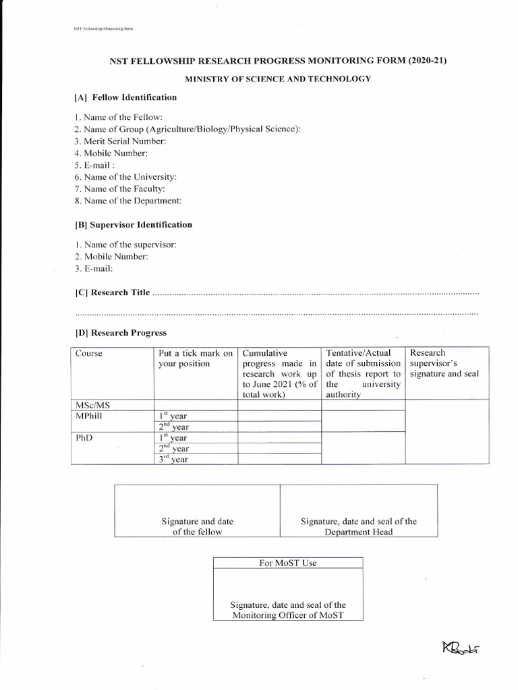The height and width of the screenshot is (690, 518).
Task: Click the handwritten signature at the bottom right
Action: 461,649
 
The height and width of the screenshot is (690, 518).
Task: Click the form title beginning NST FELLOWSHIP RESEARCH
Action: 279,61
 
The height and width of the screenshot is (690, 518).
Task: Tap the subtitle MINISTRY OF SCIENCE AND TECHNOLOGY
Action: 279,79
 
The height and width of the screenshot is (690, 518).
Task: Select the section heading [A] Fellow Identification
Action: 125,98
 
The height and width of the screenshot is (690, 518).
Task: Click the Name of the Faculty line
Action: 119,189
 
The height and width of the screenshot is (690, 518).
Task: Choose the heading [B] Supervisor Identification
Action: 134,225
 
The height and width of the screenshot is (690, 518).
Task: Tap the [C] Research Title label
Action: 112,293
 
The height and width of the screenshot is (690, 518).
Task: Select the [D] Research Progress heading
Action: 121,333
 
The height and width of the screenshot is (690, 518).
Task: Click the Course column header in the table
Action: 89,354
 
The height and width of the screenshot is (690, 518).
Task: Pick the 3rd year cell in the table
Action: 173,460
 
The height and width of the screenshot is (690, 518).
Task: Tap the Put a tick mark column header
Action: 196,358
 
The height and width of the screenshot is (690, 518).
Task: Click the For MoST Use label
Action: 288,563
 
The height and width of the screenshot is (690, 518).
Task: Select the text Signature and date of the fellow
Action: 198,526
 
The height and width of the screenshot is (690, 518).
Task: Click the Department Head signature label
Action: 358,526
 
